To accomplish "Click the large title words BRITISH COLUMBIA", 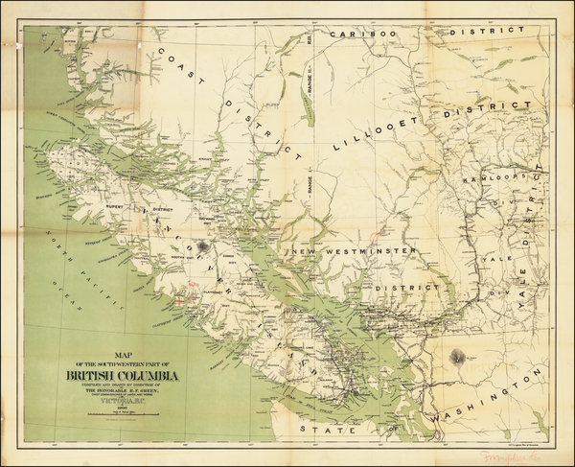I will pos(122,374).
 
